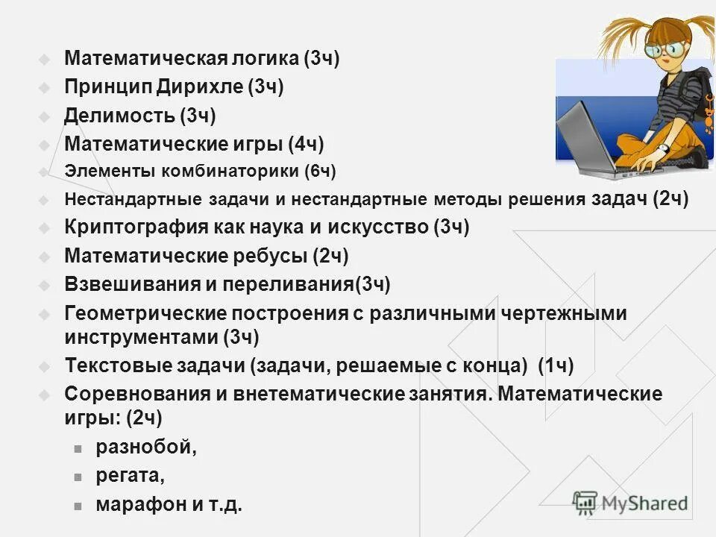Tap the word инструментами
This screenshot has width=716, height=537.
[x=141, y=337]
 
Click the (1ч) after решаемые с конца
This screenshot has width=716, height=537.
[x=555, y=365]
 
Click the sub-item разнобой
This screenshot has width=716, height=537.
[x=146, y=447]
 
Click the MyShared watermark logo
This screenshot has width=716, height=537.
[x=630, y=503]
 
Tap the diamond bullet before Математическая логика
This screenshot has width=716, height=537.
[x=45, y=59]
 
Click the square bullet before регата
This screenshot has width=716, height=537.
[x=77, y=477]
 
